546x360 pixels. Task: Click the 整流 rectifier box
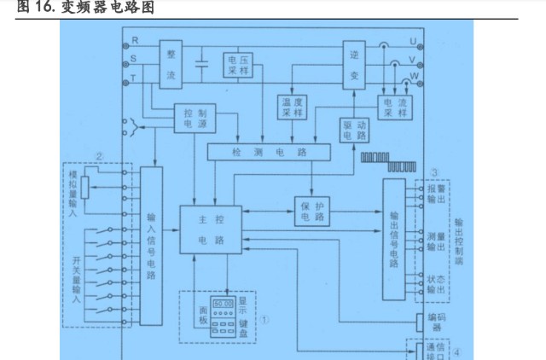[171, 64]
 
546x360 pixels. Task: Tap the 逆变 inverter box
[353, 64]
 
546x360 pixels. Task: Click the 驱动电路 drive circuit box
[353, 129]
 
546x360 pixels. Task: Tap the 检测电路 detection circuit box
[267, 151]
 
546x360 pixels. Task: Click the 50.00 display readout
[224, 304]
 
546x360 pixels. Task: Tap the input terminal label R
[133, 41]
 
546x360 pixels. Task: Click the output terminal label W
[415, 78]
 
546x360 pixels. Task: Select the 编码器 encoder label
[438, 322]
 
